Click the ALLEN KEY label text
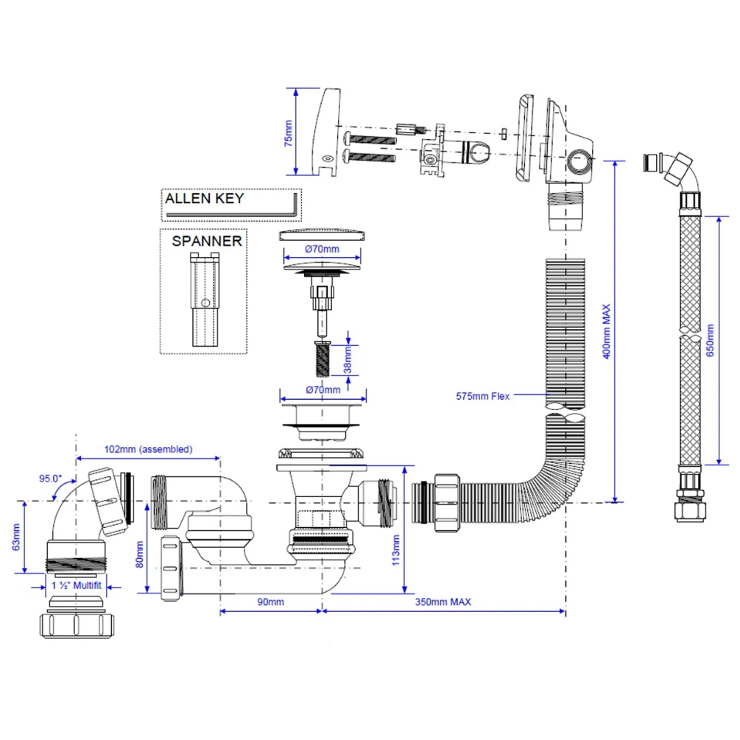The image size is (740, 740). (204, 199)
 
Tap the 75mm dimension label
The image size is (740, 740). (289, 133)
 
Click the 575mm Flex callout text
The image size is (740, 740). (482, 395)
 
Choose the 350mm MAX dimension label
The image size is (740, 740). (442, 602)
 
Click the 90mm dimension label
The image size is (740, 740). (271, 602)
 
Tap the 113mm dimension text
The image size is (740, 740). (395, 547)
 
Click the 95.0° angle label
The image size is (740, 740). (51, 478)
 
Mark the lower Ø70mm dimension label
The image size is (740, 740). (323, 390)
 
